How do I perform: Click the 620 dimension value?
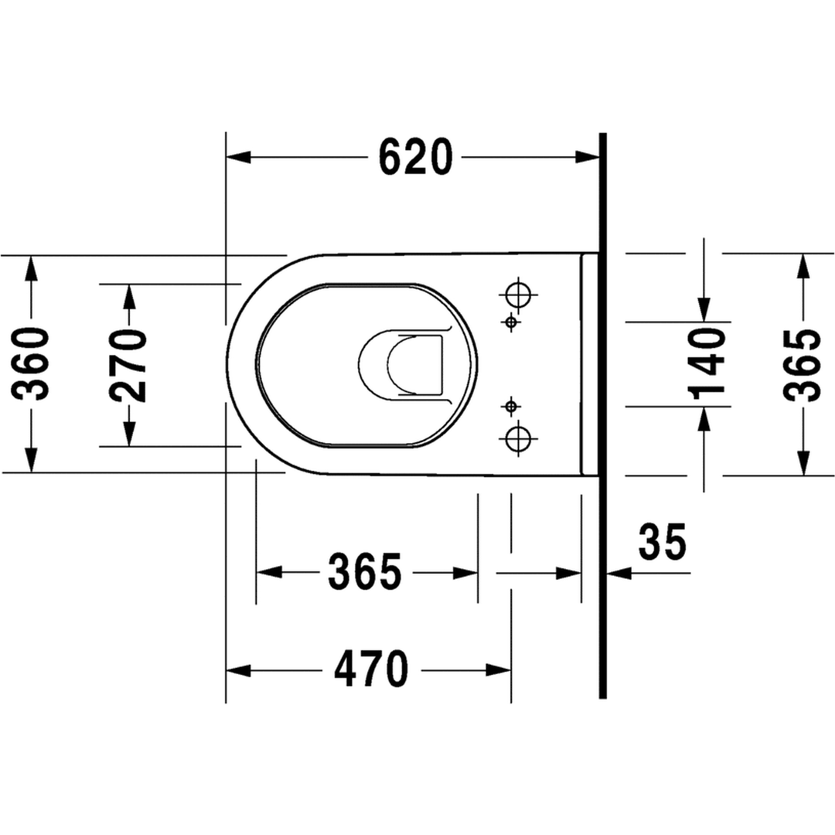[415, 156]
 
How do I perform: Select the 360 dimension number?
[30, 363]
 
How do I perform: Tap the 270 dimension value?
[128, 365]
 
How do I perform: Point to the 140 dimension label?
[707, 363]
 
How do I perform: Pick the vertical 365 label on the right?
[803, 365]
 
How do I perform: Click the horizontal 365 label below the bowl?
[365, 572]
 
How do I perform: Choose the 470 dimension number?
[371, 669]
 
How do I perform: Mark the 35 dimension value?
[663, 541]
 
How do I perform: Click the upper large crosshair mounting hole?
[518, 294]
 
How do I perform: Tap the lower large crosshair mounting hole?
[518, 439]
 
